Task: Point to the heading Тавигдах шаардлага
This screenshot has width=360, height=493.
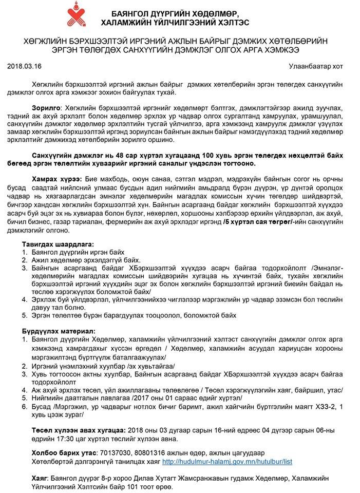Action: (x=58, y=244)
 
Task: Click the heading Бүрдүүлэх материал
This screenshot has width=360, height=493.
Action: (x=58, y=331)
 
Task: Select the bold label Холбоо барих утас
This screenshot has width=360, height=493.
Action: (x=64, y=453)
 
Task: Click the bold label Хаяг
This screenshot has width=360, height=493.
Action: (x=32, y=478)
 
